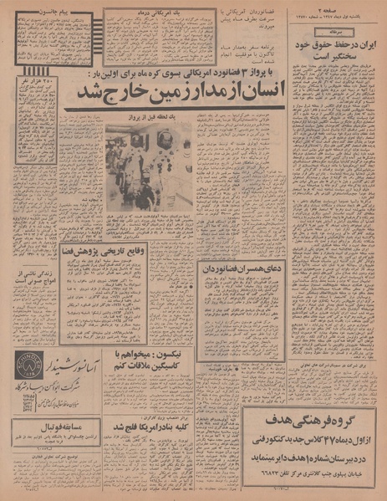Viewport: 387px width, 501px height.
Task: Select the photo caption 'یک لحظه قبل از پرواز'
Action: [x=149, y=118]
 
